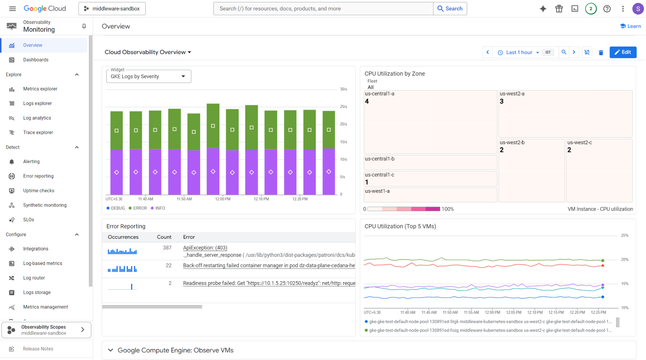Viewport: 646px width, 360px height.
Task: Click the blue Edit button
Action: (623, 52)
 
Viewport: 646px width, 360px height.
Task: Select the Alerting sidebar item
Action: (31, 162)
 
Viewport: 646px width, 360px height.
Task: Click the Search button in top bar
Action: (450, 8)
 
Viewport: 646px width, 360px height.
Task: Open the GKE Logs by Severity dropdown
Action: (148, 76)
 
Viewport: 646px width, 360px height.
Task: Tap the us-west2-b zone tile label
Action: (512, 143)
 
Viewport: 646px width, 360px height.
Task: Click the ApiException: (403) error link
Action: (205, 248)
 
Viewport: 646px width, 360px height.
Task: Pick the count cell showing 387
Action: (167, 248)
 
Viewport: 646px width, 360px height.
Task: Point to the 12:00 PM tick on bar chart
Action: (223, 199)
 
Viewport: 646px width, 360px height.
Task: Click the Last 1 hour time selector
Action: (519, 53)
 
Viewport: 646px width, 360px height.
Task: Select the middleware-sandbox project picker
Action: (112, 8)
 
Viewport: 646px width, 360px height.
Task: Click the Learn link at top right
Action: (630, 26)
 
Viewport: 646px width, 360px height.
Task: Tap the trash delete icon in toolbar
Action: (601, 53)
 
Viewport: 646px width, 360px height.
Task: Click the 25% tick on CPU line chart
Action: (624, 235)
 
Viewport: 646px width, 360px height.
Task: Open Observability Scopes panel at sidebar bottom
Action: (46, 330)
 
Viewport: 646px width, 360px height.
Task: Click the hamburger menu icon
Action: (13, 8)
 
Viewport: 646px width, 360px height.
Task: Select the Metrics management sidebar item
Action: (45, 307)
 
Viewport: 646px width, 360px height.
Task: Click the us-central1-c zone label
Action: (380, 175)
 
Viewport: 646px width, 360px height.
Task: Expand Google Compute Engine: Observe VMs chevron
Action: (111, 350)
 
